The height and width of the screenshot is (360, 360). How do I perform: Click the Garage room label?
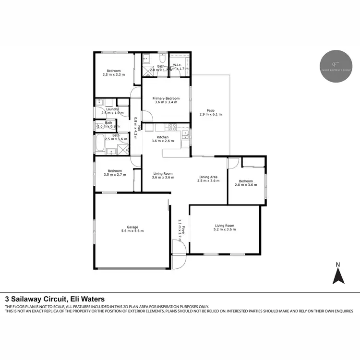132,227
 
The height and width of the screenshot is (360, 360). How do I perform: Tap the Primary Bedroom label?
166,98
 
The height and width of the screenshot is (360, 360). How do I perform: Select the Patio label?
210,109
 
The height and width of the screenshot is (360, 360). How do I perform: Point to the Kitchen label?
160,137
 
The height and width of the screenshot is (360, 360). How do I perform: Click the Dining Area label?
209,177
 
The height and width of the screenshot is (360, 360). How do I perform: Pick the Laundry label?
112,109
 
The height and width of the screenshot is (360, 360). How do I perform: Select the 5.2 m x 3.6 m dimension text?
225,229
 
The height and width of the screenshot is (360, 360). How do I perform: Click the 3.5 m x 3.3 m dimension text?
114,75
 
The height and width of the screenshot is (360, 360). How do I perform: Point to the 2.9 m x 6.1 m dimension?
210,114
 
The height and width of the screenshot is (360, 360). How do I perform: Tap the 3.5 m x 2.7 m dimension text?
114,175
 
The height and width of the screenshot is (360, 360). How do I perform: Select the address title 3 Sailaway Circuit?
55,298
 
